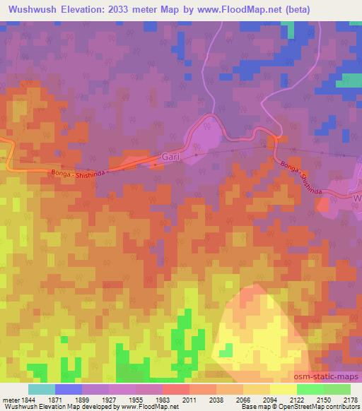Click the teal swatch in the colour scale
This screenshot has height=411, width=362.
pyautogui.click(x=42, y=388)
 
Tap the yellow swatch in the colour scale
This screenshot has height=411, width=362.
pyautogui.click(x=283, y=388)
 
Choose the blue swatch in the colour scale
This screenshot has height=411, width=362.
pyautogui.click(x=69, y=388)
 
